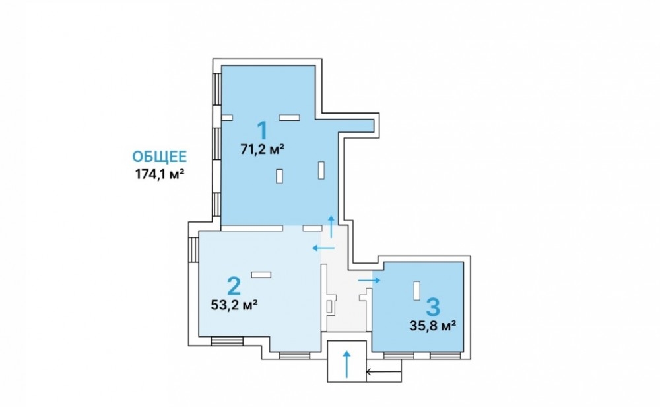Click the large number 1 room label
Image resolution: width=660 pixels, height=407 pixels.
coord(263,130)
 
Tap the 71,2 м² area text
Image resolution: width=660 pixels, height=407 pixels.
coord(263,149)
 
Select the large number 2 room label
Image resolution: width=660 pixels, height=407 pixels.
coord(234,285)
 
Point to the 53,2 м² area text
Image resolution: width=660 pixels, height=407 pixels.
coord(234,305)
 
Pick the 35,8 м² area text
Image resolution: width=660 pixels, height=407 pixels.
coord(433,326)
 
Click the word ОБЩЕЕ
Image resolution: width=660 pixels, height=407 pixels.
coord(160,157)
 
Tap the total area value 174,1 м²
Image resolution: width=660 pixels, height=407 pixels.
coord(160,174)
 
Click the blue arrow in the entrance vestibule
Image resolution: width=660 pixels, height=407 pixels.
coord(347,364)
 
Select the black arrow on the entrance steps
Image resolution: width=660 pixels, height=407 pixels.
coord(383,372)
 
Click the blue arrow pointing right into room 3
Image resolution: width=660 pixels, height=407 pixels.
coord(369,280)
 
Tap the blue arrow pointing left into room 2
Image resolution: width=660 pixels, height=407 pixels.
coord(323,248)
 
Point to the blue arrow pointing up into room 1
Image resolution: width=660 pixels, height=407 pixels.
coord(331,227)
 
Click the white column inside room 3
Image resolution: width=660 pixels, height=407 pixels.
coord(416,291)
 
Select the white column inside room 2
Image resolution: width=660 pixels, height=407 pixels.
coord(261,275)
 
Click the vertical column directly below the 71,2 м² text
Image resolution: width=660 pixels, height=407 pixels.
coord(279,176)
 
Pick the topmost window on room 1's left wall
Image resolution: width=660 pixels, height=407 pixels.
coord(216,89)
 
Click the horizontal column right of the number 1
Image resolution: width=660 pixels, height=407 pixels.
coord(290,118)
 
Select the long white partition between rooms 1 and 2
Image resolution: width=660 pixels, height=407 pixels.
coord(251,229)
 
